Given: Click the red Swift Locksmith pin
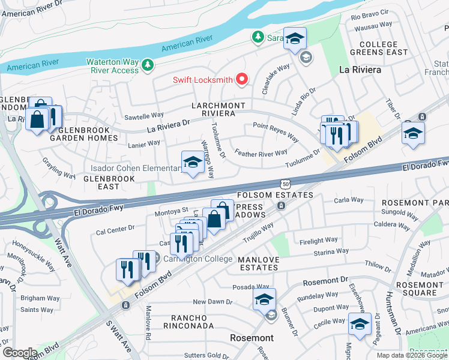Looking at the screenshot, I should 243,79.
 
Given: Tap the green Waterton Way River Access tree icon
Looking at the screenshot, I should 147,64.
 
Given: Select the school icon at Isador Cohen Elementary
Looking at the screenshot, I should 192,162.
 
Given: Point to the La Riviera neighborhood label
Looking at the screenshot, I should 360,70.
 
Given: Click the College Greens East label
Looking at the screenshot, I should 378,48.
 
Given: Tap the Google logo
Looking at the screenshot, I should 20,352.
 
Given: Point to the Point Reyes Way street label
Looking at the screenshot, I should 276,131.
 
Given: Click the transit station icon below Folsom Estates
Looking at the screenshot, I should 281,206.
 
